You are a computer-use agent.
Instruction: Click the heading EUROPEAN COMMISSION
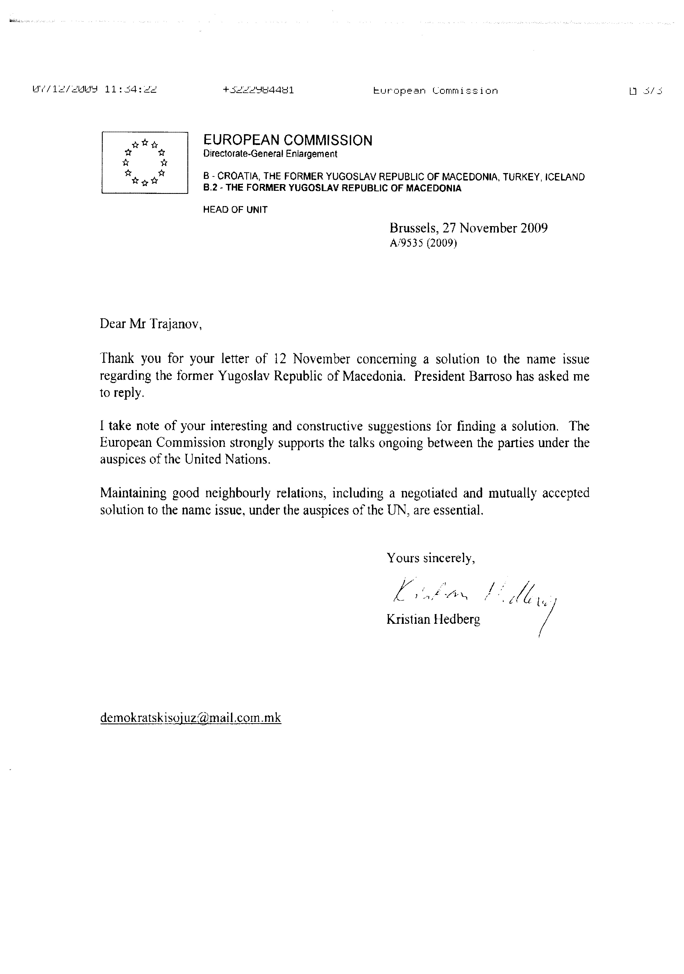pos(288,141)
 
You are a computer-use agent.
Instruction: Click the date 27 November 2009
pos(495,228)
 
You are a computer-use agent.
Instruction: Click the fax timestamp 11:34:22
pos(130,90)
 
